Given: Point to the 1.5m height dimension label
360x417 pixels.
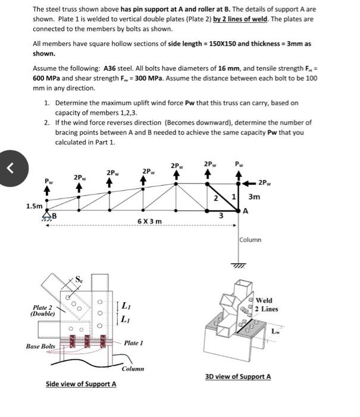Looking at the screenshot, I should [34, 207].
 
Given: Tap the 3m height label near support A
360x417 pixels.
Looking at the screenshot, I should [254, 196].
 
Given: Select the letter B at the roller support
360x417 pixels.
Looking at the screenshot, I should [54, 215].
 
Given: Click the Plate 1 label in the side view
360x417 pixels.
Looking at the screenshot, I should [134, 343].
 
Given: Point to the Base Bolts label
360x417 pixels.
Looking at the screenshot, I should [40, 346].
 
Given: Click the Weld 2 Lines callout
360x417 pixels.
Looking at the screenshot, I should [266, 304].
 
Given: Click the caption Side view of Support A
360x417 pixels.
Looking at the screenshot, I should [81, 384].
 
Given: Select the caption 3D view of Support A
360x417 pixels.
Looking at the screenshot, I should [238, 376].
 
